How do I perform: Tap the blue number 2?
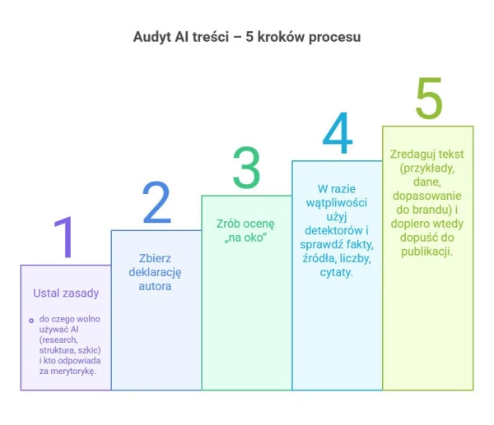coord(156,203)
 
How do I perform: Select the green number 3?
coord(245,168)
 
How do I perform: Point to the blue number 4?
coord(338,133)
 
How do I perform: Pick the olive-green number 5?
coord(428,98)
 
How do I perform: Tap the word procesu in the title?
coord(333,37)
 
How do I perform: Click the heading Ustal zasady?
coord(65,293)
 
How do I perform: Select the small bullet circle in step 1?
coord(30,320)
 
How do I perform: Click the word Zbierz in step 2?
coord(155,258)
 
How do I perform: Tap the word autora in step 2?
coord(155,286)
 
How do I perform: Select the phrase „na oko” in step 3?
coord(245,238)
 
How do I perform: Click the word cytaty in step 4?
coord(336,272)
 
